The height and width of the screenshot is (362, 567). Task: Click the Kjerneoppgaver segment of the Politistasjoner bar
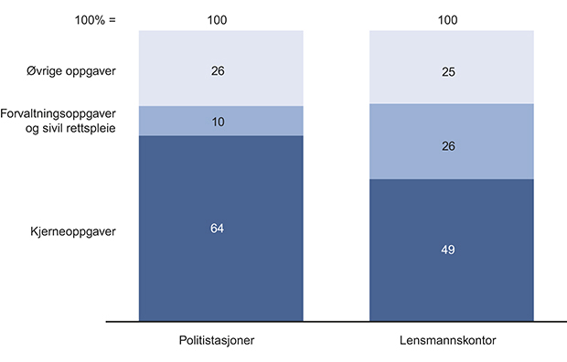coord(220,256)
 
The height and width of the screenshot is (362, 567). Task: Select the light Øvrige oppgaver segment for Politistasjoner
coord(220,50)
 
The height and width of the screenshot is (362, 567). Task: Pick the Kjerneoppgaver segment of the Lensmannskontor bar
coord(452,274)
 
